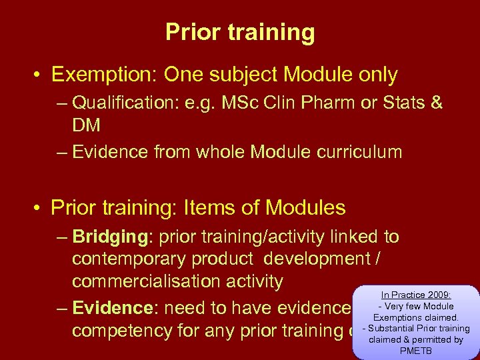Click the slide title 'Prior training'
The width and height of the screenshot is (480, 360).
tap(240, 32)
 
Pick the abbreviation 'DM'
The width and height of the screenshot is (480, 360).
tap(87, 125)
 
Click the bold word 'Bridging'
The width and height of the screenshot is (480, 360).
tap(110, 237)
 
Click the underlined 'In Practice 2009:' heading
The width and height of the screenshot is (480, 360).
tap(416, 294)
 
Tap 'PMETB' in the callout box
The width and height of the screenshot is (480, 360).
tap(416, 351)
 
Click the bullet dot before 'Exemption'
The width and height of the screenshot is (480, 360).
tap(37, 75)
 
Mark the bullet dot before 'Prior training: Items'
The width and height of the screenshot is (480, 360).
tap(37, 209)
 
